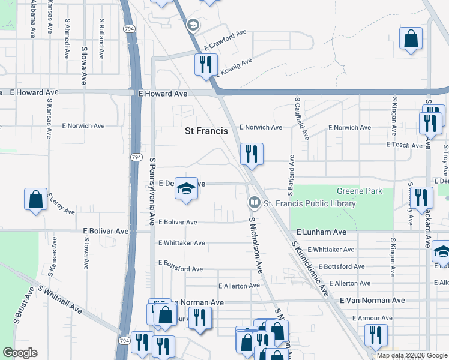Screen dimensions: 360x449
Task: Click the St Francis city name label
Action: click(x=206, y=131)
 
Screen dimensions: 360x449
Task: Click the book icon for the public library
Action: click(x=254, y=203)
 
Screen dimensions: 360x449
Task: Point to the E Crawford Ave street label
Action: click(x=226, y=40)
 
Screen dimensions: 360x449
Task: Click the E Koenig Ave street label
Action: click(x=228, y=65)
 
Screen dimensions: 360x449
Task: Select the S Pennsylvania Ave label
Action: click(x=152, y=186)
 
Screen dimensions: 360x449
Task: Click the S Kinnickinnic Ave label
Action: click(x=310, y=268)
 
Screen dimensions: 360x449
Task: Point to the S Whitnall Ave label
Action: click(x=59, y=299)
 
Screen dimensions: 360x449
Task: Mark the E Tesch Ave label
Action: click(x=405, y=145)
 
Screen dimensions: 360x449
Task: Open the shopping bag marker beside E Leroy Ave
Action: click(x=35, y=199)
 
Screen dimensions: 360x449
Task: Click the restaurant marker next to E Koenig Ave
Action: click(x=205, y=64)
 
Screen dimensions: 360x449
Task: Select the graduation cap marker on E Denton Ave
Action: click(x=187, y=190)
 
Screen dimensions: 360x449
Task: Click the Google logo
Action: click(x=20, y=353)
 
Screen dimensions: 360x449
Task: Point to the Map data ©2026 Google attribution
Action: click(x=411, y=355)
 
